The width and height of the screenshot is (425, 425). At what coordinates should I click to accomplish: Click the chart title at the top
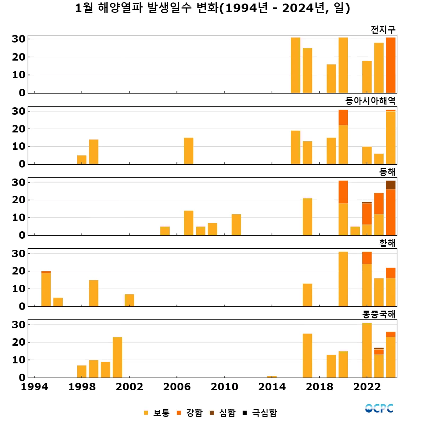pyautogui.click(x=212, y=8)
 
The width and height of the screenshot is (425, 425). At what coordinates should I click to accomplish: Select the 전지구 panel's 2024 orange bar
pyautogui.click(x=391, y=65)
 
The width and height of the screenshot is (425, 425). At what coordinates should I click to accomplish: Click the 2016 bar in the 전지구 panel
pyautogui.click(x=295, y=65)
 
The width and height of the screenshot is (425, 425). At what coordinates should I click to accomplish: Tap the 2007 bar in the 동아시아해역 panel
pyautogui.click(x=188, y=151)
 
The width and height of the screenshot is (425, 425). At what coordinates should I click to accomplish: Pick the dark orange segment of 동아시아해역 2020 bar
pyautogui.click(x=343, y=117)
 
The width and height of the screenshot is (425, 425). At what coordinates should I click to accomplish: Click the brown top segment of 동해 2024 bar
pyautogui.click(x=391, y=185)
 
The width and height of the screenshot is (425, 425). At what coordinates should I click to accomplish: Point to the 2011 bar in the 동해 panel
pyautogui.click(x=236, y=225)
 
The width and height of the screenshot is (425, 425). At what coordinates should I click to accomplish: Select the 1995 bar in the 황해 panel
pyautogui.click(x=46, y=289)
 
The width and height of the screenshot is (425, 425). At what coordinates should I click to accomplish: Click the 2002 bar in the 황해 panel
pyautogui.click(x=129, y=300)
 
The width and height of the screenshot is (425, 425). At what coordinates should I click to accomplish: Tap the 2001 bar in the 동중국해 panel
pyautogui.click(x=117, y=357)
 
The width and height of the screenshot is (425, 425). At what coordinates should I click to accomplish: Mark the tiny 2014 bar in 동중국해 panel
pyautogui.click(x=272, y=376)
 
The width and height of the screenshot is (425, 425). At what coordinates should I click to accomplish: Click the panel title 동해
pyautogui.click(x=387, y=172)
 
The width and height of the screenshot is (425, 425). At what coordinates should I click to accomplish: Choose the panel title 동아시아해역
pyautogui.click(x=370, y=101)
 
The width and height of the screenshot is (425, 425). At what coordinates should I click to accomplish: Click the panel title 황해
pyautogui.click(x=387, y=243)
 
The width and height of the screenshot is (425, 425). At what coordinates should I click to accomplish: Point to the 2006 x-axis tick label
pyautogui.click(x=177, y=387)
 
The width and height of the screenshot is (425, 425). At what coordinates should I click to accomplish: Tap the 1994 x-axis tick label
pyautogui.click(x=34, y=387)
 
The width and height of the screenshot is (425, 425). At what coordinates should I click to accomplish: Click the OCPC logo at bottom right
pyautogui.click(x=379, y=408)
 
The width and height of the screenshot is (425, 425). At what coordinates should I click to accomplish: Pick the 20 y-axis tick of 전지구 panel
pyautogui.click(x=19, y=57)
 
